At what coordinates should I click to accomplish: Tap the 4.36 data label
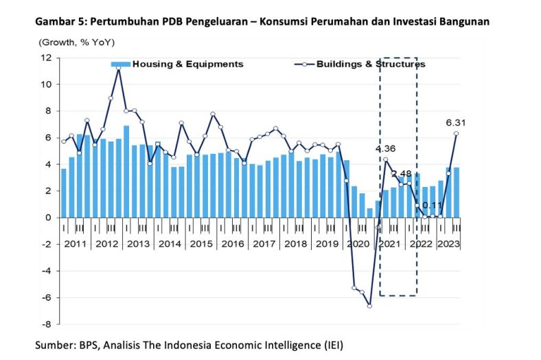click(x=385, y=148)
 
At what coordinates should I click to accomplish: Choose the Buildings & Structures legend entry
click(x=371, y=64)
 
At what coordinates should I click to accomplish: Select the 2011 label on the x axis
click(x=75, y=243)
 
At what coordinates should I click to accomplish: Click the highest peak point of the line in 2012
click(x=119, y=69)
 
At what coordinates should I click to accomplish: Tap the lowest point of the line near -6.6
click(x=369, y=306)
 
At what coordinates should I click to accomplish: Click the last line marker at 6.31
click(x=457, y=134)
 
